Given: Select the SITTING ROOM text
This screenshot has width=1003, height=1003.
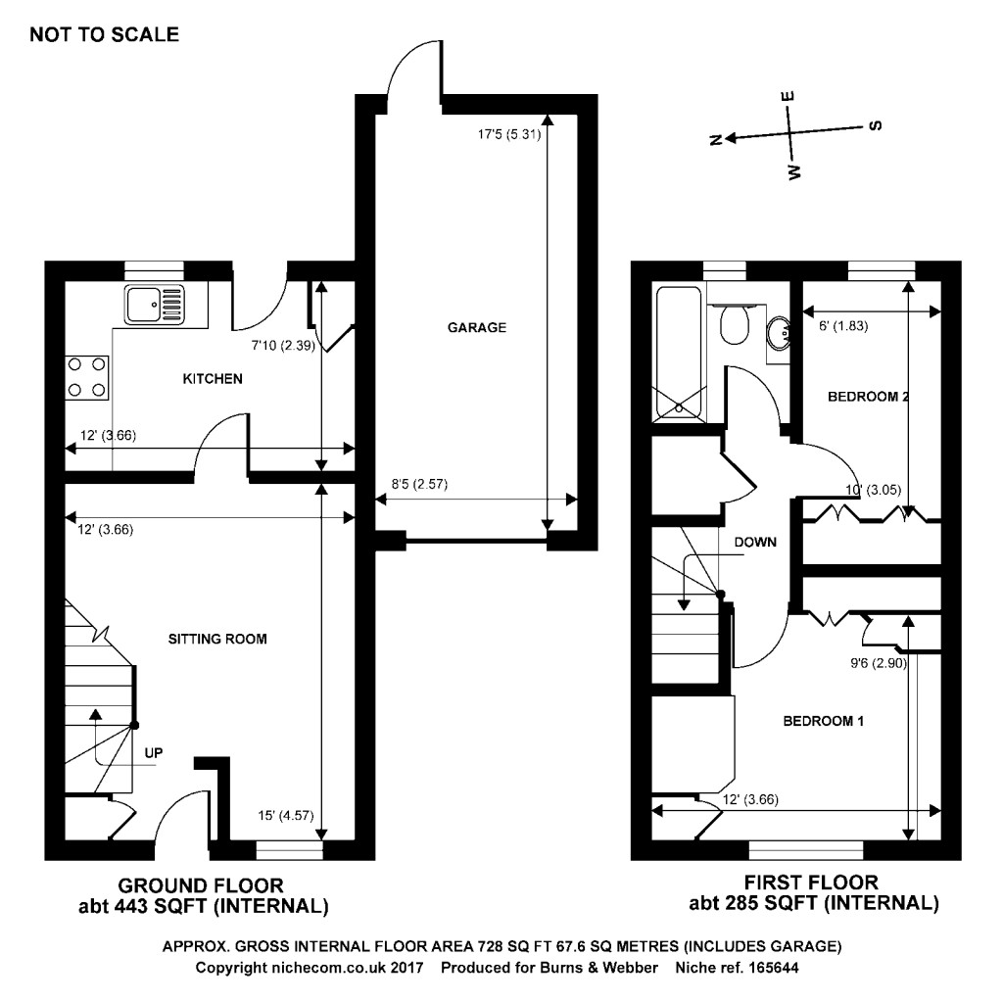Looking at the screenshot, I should [215, 639].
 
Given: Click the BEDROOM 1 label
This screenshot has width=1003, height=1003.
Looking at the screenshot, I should [823, 722].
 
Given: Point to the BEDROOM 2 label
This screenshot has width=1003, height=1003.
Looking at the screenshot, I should [869, 397].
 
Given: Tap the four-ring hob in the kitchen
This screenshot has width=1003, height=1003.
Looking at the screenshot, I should [86, 376].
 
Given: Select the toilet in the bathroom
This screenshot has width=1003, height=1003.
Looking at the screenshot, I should [734, 323].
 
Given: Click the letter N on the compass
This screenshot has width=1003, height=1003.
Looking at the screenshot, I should [716, 140].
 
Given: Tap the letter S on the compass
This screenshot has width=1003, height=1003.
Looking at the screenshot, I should [876, 124].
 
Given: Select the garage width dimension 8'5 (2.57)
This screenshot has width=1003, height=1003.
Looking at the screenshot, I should [419, 483].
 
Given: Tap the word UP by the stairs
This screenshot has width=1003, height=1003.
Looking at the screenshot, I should [153, 752].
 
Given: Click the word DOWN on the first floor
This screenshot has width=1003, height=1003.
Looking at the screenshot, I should [755, 542].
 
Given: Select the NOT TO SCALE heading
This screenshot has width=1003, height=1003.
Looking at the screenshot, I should [105, 35].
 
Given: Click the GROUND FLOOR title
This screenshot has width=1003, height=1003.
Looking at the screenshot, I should [201, 884].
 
